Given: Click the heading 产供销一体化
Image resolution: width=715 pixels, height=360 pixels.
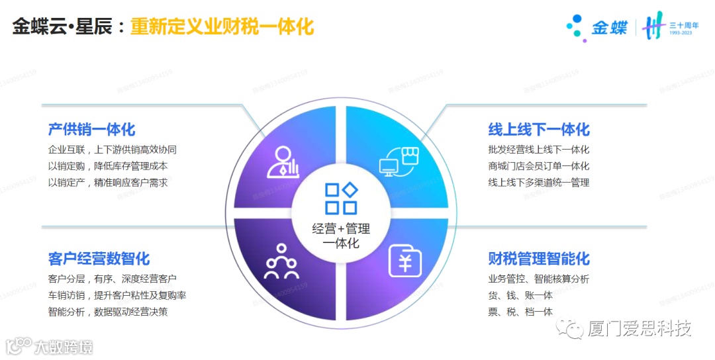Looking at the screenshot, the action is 91,129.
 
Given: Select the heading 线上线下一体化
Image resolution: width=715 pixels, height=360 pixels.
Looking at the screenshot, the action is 539,129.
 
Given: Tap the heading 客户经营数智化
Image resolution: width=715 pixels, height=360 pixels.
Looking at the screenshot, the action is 99,258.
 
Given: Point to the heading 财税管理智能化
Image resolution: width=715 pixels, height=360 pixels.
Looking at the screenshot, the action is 539,258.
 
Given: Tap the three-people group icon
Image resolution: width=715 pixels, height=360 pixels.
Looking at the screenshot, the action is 282,262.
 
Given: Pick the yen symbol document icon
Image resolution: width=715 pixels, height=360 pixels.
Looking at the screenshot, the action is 403,261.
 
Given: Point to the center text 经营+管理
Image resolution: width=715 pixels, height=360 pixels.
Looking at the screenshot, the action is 341,229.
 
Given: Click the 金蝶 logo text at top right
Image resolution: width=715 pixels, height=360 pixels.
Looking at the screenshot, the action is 609,28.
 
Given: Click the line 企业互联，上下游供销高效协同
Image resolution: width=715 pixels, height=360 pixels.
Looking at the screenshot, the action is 113,150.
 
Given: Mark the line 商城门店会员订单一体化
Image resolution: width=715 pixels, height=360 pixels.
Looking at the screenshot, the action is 539,166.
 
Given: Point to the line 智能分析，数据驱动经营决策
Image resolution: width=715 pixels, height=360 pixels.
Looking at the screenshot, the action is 108,312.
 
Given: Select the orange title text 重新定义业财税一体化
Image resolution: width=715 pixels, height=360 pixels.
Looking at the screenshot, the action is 222,27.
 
